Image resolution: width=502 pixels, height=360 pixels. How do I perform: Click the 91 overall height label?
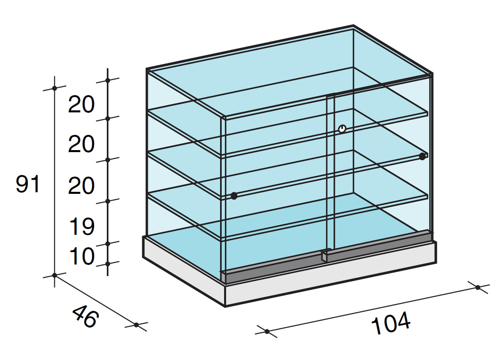28,185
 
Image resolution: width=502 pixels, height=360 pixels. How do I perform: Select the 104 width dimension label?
391,323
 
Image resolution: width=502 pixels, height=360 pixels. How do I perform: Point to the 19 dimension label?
82,227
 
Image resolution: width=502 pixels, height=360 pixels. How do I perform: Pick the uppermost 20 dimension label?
82,104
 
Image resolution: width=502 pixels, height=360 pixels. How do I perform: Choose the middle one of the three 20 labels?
82,144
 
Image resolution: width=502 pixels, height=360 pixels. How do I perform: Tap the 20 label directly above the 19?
82,186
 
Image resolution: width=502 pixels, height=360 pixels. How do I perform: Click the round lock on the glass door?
342,129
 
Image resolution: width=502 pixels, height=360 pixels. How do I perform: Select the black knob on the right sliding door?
422,157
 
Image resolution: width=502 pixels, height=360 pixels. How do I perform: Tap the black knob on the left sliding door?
234,196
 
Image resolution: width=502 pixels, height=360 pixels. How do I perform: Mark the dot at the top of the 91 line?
55,88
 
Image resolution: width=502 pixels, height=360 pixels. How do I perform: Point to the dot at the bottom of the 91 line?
55,275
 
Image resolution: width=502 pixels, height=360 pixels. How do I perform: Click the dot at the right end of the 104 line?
478,287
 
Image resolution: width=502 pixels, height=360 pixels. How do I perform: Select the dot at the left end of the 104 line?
267,332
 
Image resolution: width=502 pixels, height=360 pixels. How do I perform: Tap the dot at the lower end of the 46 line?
136,325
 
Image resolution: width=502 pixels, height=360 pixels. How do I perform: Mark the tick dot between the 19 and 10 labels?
108,244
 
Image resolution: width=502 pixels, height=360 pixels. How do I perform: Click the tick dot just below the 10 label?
108,264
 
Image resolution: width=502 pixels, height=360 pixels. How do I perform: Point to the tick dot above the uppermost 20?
108,80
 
